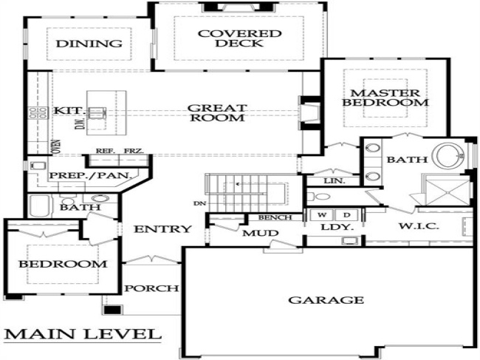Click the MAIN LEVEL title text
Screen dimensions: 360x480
pos(83,333)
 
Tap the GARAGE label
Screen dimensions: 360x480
pos(326,300)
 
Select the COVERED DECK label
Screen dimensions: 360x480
pos(240,39)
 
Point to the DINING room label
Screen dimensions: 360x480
pos(89,44)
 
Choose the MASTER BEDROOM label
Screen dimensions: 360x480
pos(385,98)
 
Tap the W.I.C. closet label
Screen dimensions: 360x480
pos(419,225)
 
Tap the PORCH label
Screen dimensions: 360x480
pos(151,288)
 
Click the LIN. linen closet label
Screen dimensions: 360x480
pos(331,180)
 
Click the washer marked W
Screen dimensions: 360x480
pos(322,214)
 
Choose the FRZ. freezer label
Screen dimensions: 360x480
pos(133,152)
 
